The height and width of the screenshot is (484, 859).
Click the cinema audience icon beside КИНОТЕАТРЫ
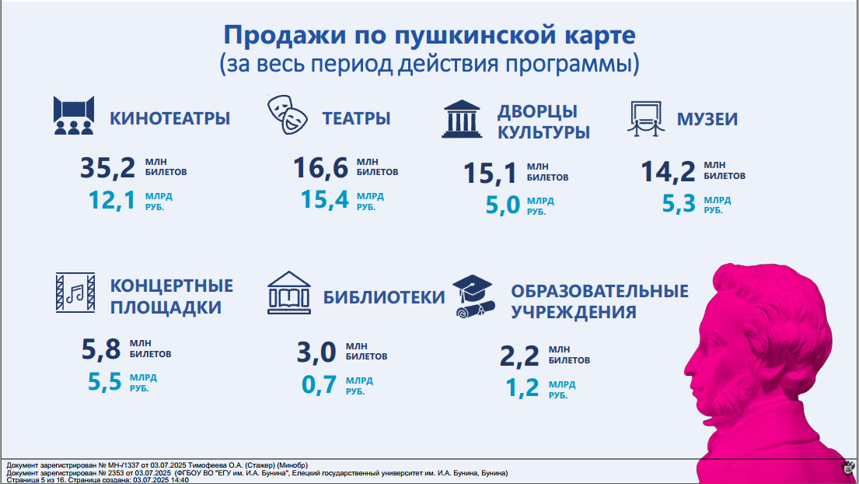click(74, 115)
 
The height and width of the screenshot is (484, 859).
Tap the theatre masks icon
click(288, 114)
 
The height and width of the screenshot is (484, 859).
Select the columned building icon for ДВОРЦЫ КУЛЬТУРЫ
click(462, 119)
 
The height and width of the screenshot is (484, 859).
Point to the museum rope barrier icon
click(646, 118)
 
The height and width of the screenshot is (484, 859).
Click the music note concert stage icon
click(75, 293)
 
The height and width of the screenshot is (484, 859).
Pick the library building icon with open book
click(289, 293)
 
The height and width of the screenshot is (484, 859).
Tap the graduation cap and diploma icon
click(474, 296)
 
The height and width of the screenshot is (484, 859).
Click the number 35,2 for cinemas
click(107, 168)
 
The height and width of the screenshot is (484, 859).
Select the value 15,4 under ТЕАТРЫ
click(324, 199)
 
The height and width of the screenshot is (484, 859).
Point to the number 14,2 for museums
click(668, 171)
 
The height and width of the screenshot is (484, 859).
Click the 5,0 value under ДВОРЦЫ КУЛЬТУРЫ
click(503, 205)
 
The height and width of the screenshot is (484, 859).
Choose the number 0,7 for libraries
click(320, 385)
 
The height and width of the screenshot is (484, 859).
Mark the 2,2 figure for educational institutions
click(519, 356)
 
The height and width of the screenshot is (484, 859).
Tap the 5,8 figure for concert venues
click(101, 349)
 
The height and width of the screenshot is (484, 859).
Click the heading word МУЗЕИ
click(707, 119)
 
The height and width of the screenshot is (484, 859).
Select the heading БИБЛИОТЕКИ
click(383, 297)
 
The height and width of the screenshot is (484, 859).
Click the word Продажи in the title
click(285, 35)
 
